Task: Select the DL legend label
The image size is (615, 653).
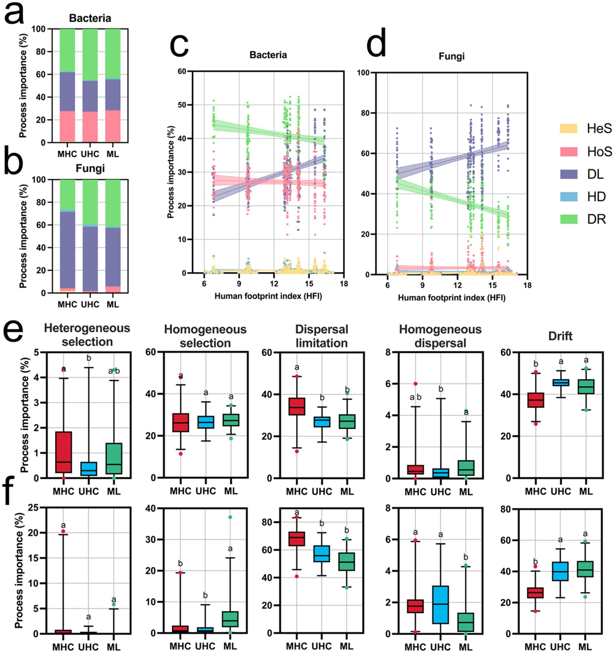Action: tap(596, 174)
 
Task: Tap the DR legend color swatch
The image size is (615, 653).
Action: tap(568, 219)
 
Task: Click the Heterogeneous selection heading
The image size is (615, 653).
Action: tap(87, 335)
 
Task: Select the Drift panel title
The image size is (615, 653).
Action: tap(560, 336)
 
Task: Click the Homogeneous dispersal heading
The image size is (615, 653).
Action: tap(440, 336)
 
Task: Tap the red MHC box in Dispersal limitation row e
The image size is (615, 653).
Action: tap(296, 406)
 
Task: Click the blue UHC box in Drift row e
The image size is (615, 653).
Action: tap(560, 383)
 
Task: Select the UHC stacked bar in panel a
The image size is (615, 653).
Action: tap(90, 85)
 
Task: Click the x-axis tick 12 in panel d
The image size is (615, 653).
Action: tap(457, 285)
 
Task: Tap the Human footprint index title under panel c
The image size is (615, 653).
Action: tap(268, 296)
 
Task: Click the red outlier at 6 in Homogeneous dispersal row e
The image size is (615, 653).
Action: tap(415, 384)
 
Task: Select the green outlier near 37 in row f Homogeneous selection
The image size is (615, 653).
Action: tap(230, 517)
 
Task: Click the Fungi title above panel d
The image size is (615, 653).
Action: tap(451, 56)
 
